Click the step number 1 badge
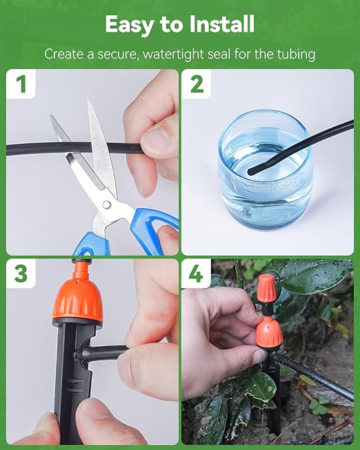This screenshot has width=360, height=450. click(21, 85)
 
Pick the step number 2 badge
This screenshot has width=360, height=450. click(197, 85)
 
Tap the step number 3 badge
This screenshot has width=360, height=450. click(21, 274)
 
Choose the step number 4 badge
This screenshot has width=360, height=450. click(197, 274)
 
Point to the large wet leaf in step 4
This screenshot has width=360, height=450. click(310, 276)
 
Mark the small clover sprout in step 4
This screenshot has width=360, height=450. click(318, 406)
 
